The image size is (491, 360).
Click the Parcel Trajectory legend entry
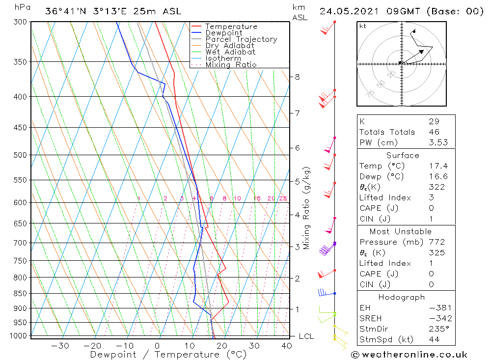241,39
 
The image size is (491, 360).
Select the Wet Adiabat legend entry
230,52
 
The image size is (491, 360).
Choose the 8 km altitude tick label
297,77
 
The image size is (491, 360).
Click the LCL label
306,336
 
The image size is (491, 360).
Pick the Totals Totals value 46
434,132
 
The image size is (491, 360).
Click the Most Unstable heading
401,232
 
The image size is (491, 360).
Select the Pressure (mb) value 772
436,242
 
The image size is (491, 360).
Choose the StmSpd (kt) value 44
434,339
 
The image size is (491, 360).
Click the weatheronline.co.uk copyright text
409,355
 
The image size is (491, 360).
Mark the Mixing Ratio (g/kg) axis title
307,208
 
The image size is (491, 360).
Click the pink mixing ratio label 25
283,198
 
